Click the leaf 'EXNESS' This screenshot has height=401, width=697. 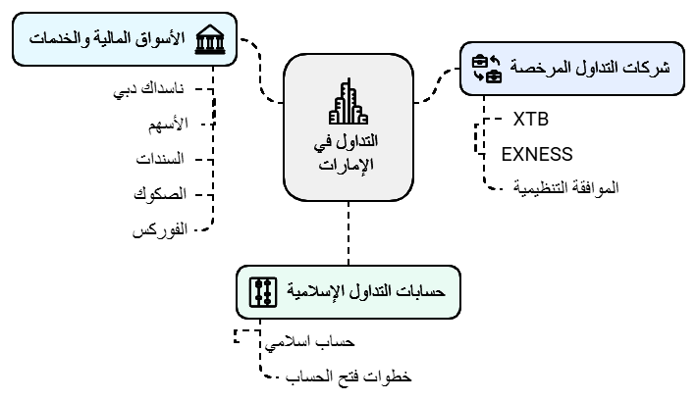point(536,153)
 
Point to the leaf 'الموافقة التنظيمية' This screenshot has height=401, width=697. point(567,186)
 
